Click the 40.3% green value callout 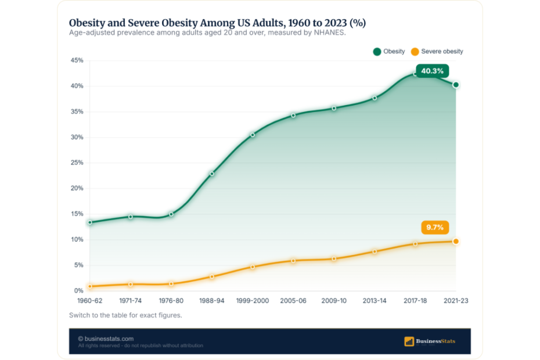click(432, 71)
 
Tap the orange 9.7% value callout click(435, 228)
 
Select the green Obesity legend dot click(377, 52)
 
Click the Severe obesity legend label click(442, 51)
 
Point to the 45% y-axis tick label click(77, 60)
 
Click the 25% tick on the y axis click(77, 163)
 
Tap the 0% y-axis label click(78, 290)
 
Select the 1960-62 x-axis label click(90, 301)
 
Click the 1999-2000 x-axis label click(253, 301)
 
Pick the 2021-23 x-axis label click(456, 301)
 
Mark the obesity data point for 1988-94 click(212, 174)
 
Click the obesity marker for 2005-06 click(293, 116)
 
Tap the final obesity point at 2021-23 click(456, 85)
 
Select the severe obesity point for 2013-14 click(375, 251)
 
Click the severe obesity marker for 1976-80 click(171, 284)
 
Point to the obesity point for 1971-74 click(131, 217)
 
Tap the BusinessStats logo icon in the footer click(409, 341)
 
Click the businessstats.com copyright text click(106, 339)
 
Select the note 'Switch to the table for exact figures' click(125, 315)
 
